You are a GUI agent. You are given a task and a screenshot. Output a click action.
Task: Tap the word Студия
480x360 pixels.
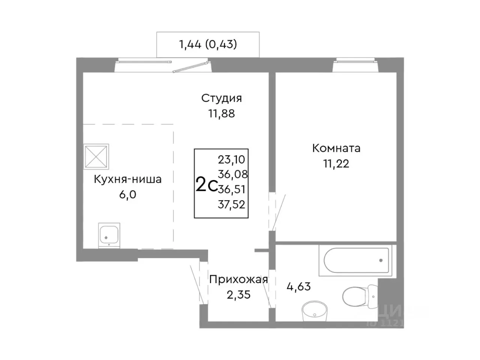coord(221,98)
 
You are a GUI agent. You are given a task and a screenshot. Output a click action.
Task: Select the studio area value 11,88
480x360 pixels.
coord(221,113)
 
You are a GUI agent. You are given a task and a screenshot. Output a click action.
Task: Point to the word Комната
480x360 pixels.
coord(336,148)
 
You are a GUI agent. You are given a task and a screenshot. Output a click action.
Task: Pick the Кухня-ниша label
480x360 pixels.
coord(127,179)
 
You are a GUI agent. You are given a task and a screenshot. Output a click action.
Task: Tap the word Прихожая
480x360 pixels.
coord(238,280)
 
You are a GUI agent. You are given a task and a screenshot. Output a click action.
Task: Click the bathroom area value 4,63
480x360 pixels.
coord(298,287)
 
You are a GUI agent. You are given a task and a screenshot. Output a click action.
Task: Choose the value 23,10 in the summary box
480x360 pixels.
coord(231,160)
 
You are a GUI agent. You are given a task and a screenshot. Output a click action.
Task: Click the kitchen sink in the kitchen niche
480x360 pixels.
coord(109,235)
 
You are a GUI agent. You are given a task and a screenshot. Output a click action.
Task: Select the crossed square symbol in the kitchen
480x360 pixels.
coord(96,156)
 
